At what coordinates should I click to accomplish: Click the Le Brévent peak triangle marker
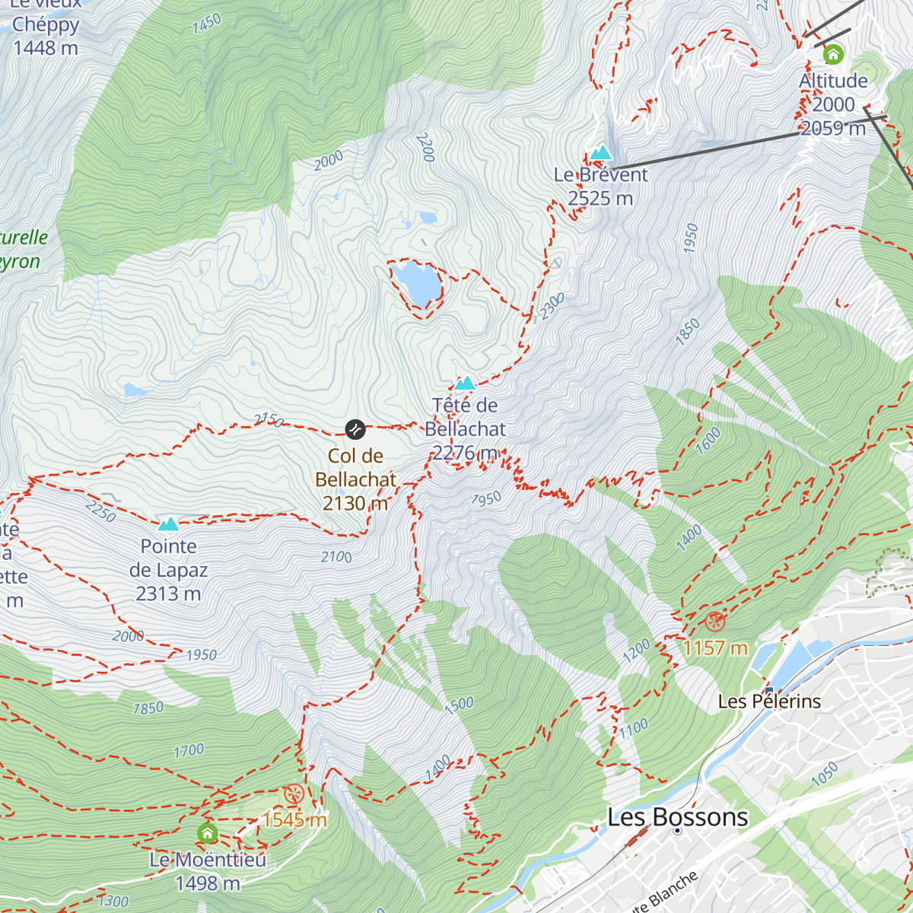coord(601,153)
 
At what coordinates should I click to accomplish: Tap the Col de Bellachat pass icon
coord(355,429)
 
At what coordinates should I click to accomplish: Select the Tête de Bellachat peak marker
coord(465,383)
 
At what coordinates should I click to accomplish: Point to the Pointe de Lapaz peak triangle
coord(168,523)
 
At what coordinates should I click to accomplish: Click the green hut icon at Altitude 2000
coord(833,54)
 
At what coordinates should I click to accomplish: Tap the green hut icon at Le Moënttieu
coord(207,833)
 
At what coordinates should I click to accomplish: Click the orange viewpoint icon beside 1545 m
coord(294,795)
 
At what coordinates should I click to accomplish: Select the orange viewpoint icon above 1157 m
coord(714,622)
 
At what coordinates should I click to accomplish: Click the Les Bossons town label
coord(677,817)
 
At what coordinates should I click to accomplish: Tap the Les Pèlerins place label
coord(769,701)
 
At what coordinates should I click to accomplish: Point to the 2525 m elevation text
coord(600,199)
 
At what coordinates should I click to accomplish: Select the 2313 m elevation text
coord(168,593)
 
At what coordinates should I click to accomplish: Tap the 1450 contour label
coord(206,24)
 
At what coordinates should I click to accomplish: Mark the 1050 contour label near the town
coord(823,775)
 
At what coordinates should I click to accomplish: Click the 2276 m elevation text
coord(465,453)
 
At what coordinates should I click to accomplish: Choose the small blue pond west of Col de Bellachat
coord(135,390)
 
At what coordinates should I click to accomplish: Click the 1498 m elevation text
coord(207,883)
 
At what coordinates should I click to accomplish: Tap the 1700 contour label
coord(189,752)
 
